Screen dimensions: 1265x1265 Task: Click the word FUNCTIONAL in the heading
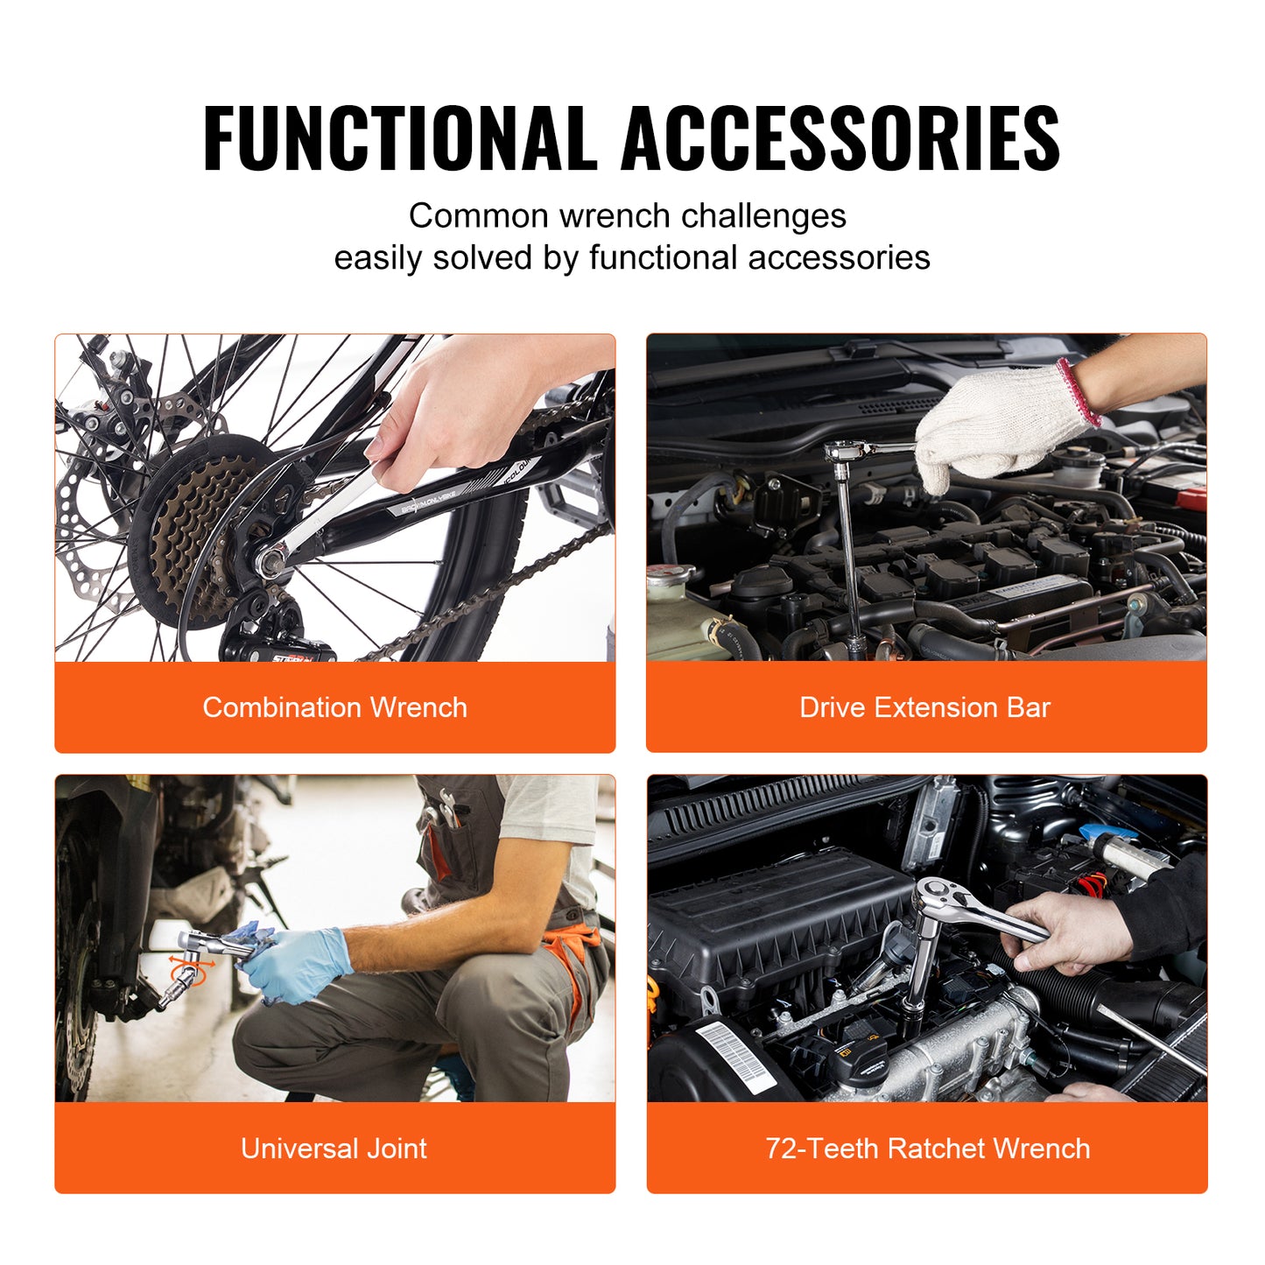[x=399, y=138]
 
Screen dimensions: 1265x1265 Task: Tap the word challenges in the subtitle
[x=763, y=216]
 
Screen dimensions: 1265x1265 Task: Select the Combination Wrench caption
[x=334, y=707]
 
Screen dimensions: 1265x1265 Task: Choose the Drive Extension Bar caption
[x=924, y=707]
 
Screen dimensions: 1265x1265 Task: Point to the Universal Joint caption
[x=334, y=1149]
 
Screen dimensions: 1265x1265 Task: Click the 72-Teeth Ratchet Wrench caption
[x=928, y=1149]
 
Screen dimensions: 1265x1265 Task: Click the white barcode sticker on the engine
[x=735, y=1055]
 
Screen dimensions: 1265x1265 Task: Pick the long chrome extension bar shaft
[x=847, y=560]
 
